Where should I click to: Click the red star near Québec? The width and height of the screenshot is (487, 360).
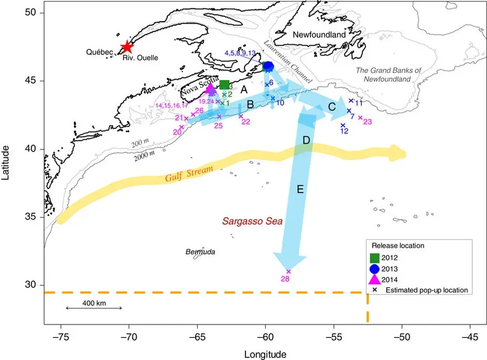126,47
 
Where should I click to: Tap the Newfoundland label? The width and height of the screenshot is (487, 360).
319,35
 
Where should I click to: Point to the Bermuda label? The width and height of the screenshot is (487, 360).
200,252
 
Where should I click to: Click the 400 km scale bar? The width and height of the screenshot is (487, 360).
94,308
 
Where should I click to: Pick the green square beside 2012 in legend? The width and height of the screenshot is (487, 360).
374,258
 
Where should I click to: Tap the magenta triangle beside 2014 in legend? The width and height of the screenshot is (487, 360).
374,279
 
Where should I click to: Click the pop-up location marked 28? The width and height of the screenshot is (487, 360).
288,272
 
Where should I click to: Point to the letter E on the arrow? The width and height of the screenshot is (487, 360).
300,189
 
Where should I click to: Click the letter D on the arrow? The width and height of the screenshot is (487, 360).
306,141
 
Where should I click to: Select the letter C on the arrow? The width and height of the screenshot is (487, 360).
332,107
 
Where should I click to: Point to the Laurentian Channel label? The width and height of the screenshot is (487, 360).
289,62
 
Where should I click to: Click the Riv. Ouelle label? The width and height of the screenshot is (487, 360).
140,57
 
